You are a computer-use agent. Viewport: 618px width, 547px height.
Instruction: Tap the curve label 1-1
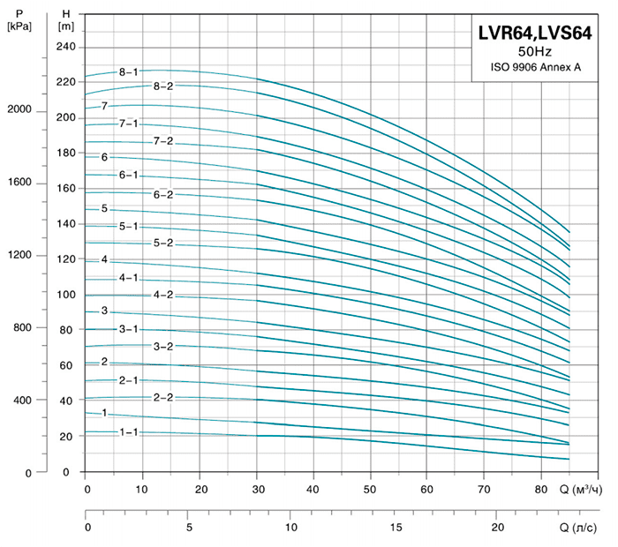(129, 432)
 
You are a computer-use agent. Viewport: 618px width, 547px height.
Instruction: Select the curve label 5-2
(163, 243)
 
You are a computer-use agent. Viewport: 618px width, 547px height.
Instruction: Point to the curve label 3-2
(163, 346)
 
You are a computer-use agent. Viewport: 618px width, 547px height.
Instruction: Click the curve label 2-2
(163, 398)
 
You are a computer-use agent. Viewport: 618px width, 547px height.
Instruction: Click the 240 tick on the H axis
(67, 47)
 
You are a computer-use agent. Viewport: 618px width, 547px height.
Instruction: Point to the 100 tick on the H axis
(67, 295)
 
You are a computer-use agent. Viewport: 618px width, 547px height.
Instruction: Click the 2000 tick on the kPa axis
(19, 110)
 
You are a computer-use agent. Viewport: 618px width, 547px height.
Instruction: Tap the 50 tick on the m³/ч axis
(371, 489)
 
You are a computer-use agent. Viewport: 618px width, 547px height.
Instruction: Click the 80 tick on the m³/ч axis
(541, 489)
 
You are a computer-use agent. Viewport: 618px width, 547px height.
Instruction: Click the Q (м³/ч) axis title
(582, 489)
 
